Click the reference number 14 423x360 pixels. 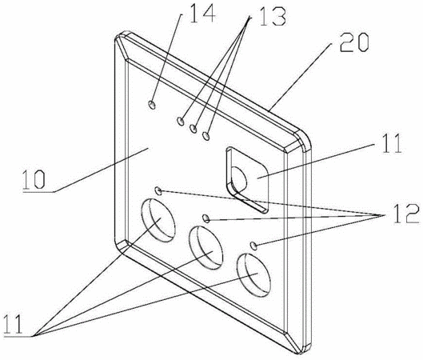[202, 14]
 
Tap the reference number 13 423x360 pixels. [273, 16]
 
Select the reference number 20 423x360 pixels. [354, 42]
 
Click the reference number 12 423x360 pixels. [406, 214]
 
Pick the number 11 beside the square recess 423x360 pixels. [392, 143]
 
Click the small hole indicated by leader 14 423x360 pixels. [152, 105]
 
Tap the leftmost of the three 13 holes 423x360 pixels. [181, 121]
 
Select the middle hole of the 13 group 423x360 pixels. [194, 129]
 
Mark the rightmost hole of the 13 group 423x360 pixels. [206, 136]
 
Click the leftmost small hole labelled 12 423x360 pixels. [158, 191]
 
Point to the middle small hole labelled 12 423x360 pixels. [206, 218]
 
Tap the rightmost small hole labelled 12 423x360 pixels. [253, 246]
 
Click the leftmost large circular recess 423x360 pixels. [158, 220]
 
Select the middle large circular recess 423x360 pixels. [206, 248]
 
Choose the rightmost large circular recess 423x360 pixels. [253, 275]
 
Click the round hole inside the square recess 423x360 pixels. [238, 179]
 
